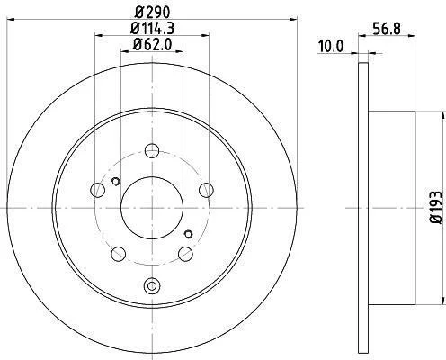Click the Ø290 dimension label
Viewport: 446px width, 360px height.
click(152, 13)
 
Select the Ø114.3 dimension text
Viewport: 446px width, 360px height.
click(153, 29)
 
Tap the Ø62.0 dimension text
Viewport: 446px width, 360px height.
click(152, 45)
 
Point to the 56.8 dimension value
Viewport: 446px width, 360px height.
click(387, 30)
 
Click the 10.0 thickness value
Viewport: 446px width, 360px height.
click(331, 46)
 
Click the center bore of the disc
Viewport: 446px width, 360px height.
click(152, 208)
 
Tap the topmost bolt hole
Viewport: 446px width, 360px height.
click(152, 150)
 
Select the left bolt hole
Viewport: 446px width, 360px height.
click(97, 190)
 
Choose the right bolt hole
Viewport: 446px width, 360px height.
click(207, 190)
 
